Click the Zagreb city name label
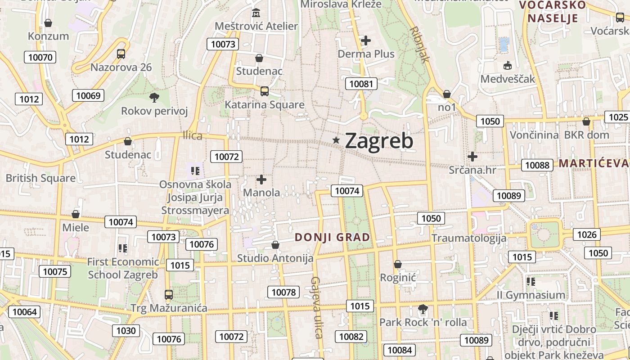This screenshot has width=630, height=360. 379,141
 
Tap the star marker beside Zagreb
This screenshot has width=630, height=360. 336,140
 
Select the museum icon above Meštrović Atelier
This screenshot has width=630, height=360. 256,12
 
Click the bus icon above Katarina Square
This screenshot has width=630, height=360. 264,91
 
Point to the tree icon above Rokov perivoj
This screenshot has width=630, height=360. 154,97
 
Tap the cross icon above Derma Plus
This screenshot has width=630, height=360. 366,40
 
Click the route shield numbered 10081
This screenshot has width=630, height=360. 361,83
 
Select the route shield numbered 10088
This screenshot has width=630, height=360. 537,165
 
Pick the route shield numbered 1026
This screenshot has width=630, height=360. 586,234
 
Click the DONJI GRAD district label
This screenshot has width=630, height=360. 332,237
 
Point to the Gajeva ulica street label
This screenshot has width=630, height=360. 317,307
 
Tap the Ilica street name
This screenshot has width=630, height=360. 193,135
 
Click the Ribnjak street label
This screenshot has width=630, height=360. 419,44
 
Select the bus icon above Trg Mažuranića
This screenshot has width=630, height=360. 169,295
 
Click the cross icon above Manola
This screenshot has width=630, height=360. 261,180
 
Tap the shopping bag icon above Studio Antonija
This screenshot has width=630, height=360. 275,245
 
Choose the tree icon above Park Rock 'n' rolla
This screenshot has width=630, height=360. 423,309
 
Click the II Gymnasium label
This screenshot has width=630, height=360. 531,295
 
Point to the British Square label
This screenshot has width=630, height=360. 40,178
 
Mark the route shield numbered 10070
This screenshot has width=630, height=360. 40,57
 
